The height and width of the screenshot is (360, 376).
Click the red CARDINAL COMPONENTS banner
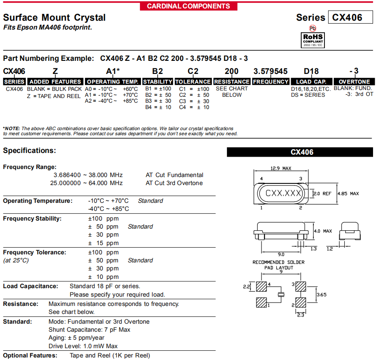(x=188, y=6)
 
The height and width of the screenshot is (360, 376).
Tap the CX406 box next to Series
(x=350, y=17)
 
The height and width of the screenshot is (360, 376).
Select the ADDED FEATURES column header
(x=55, y=82)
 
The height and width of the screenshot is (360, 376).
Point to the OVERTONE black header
(x=354, y=82)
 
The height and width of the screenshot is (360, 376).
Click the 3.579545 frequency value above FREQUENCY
(x=270, y=71)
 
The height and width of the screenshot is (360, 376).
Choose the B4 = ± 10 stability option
(x=158, y=107)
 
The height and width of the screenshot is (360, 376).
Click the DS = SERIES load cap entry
(x=308, y=95)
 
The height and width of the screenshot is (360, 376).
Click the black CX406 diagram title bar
(x=300, y=152)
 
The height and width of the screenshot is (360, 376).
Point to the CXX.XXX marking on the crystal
(x=283, y=194)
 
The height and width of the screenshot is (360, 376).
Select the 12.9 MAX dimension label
(x=281, y=169)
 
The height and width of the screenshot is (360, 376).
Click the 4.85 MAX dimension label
(x=348, y=194)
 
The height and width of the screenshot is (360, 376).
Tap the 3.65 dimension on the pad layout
(x=322, y=295)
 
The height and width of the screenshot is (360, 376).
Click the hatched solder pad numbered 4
(x=262, y=287)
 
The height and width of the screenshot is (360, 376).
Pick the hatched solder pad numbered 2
(x=300, y=303)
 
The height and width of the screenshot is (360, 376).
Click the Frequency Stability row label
(x=32, y=218)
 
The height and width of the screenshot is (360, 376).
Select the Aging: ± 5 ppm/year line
(x=76, y=338)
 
